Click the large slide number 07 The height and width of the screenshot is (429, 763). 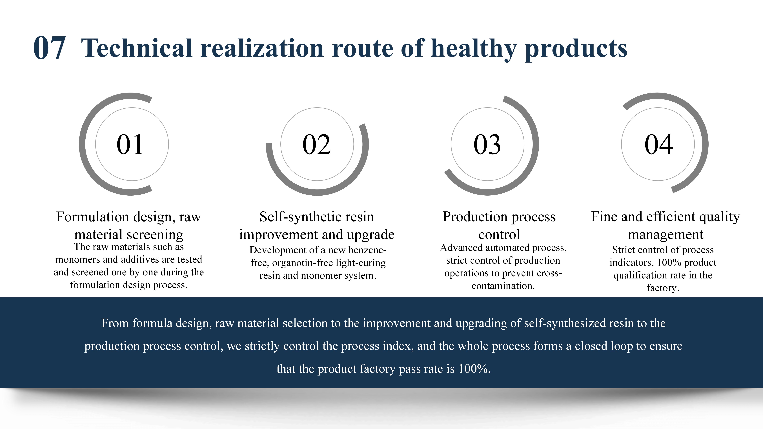click(x=49, y=48)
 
